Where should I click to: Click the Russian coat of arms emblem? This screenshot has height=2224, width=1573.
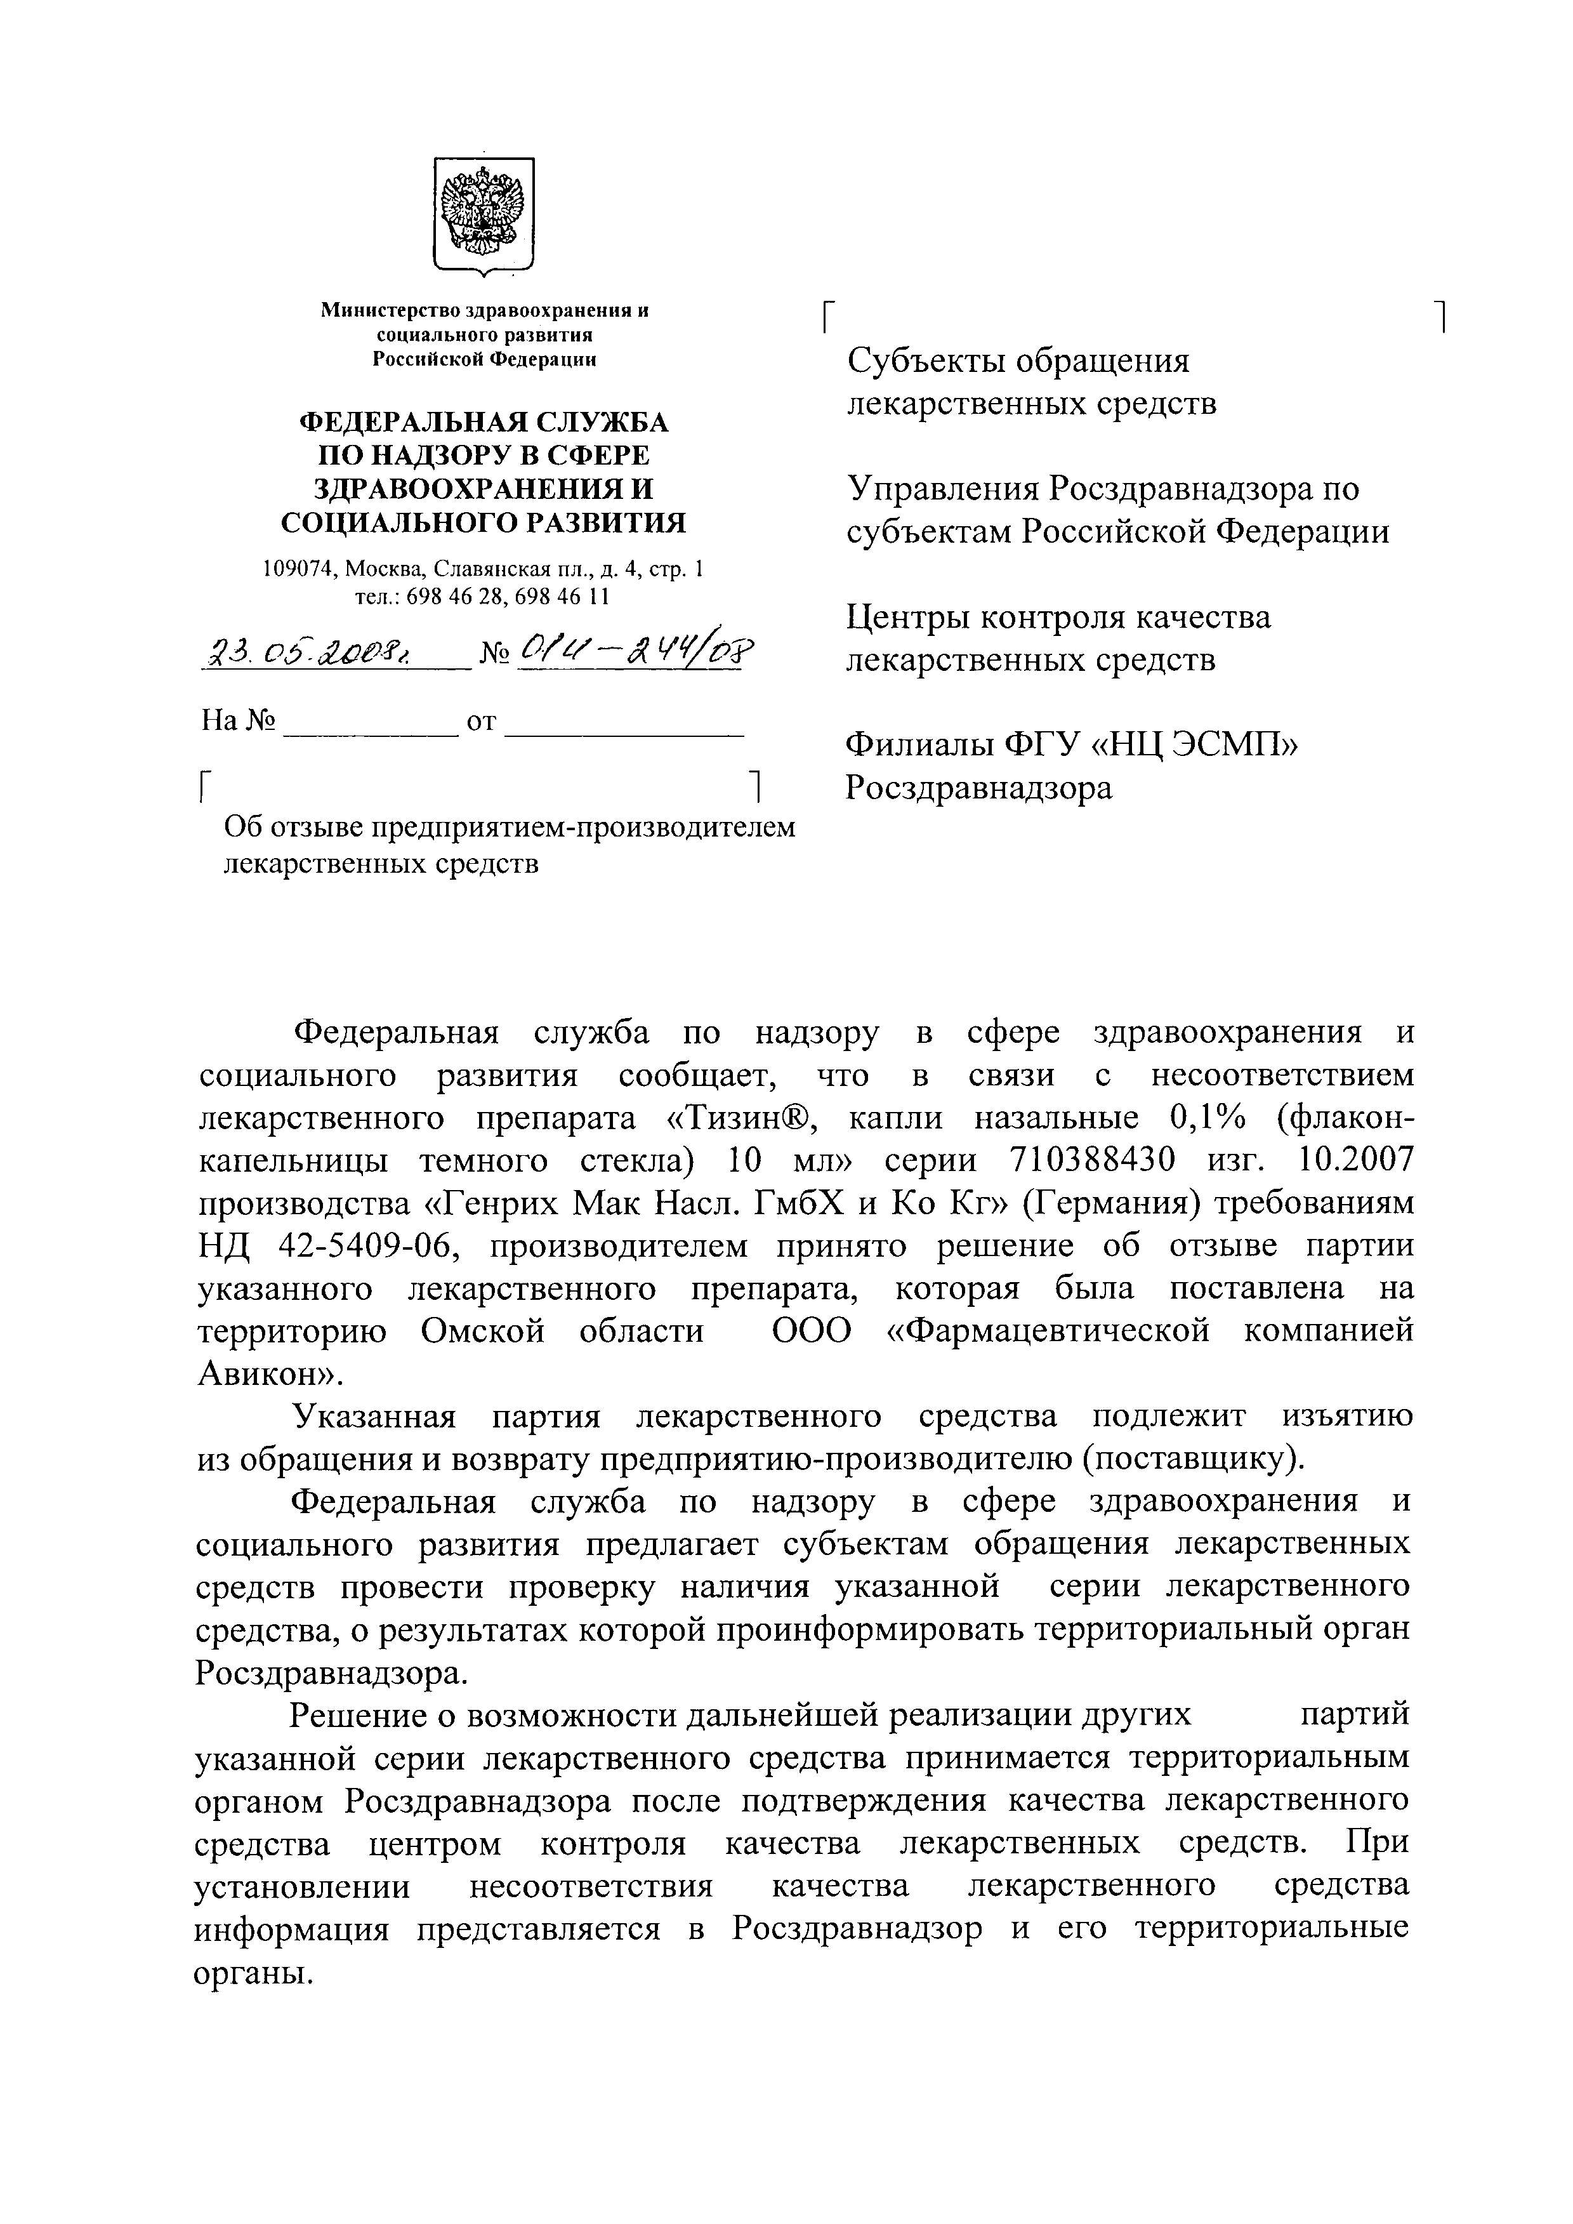coord(482,213)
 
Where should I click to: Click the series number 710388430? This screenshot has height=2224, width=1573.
coord(1091,1160)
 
